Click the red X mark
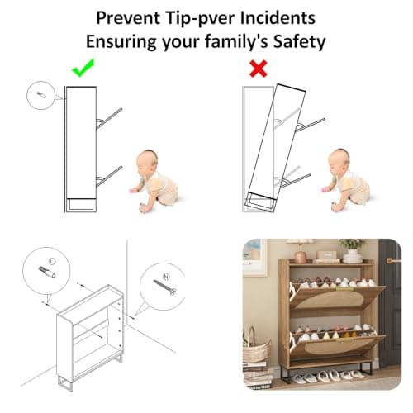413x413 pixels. coord(259,69)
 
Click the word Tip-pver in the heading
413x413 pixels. coord(201,18)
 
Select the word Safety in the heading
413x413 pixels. coord(299,41)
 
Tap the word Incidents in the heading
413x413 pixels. coord(278,17)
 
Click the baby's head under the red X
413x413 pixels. coord(339,161)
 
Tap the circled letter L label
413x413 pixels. coord(52,261)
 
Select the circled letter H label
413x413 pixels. coord(166,277)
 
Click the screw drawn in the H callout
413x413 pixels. coord(164,287)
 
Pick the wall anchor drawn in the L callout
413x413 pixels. coord(47,272)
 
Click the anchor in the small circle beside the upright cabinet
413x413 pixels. coord(41,95)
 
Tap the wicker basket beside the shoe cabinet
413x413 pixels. coord(255,348)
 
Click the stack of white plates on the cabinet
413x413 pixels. coord(353,258)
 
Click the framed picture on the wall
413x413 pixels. coord(254,257)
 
